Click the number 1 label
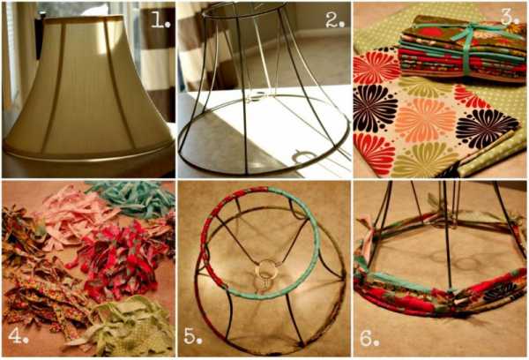pos(160,21)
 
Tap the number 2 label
pos(335,21)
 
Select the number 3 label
pos(510,18)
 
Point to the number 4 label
pos(18,335)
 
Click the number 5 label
pos(192,336)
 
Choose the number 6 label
pos(369,338)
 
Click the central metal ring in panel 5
pos(267,269)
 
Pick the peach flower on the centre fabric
pos(425,120)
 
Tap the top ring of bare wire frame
pos(243,9)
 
